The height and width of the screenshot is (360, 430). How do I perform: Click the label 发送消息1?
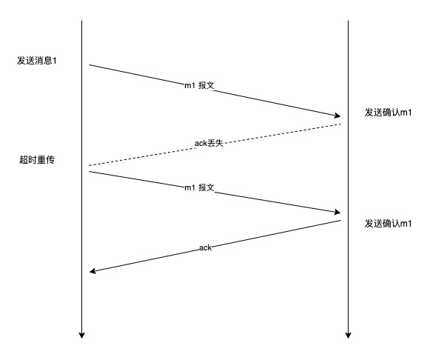37,60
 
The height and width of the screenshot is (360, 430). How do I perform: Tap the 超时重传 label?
37,159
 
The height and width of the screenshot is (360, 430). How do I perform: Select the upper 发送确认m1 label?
388,113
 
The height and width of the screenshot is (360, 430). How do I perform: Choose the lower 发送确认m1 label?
388,224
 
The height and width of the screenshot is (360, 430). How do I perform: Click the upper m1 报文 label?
199,85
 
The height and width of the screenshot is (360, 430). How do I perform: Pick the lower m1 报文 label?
199,187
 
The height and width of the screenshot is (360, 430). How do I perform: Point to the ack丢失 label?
209,143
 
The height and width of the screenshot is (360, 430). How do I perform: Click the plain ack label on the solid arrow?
206,247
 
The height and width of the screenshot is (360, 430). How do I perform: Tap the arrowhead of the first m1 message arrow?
337,116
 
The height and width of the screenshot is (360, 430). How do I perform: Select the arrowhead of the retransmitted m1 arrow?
337,212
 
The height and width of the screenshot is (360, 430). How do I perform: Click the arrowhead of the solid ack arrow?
93,271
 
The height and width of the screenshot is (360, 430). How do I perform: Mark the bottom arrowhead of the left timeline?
81,336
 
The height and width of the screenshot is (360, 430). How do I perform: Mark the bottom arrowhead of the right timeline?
349,336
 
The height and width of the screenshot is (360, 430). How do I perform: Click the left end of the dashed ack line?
90,165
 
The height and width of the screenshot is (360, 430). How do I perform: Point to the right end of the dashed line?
340,124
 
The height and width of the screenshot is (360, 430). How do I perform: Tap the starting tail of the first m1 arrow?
89,64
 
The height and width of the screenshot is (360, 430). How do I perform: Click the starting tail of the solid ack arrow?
340,220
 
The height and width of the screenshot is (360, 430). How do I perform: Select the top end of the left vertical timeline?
81,20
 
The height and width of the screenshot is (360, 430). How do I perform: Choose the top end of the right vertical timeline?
349,20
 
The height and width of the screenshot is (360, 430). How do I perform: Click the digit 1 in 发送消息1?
55,61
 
